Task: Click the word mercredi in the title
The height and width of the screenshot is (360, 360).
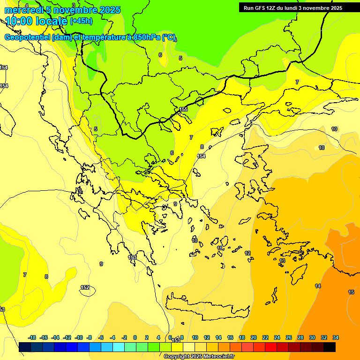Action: coord(21,10)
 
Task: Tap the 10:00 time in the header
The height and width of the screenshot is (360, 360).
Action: coord(21,21)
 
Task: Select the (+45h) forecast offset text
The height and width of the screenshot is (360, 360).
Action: coord(81,21)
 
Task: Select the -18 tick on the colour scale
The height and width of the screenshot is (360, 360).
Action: coord(32,337)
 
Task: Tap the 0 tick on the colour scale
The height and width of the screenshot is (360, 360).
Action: coord(135,337)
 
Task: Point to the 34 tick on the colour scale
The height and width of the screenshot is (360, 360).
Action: coord(335,337)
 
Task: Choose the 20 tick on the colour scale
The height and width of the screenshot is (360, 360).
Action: coord(254,337)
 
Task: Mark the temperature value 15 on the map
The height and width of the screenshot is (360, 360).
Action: coord(351,292)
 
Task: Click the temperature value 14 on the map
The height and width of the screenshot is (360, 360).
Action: coord(318,286)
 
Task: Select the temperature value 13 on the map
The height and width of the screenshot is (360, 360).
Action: coord(282,261)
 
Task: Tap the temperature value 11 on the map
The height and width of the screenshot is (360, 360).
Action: coord(220,248)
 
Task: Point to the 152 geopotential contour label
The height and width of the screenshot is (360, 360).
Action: coord(85,287)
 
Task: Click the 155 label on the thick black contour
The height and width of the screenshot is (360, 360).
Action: coord(183,109)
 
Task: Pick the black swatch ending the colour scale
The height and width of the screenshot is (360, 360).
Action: coord(330,347)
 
